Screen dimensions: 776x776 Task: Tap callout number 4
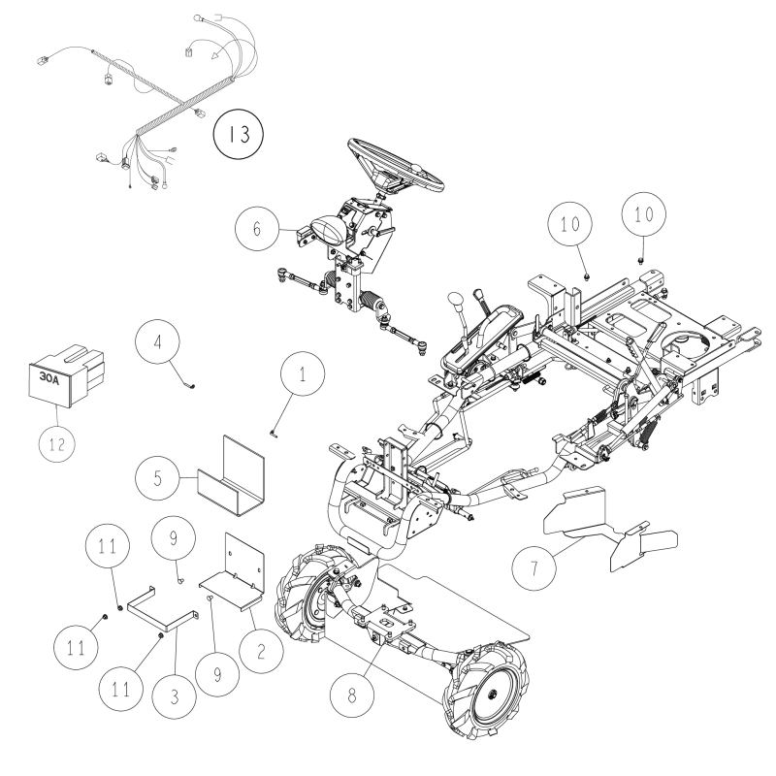pos(160,343)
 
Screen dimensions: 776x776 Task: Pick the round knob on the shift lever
pos(454,306)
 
